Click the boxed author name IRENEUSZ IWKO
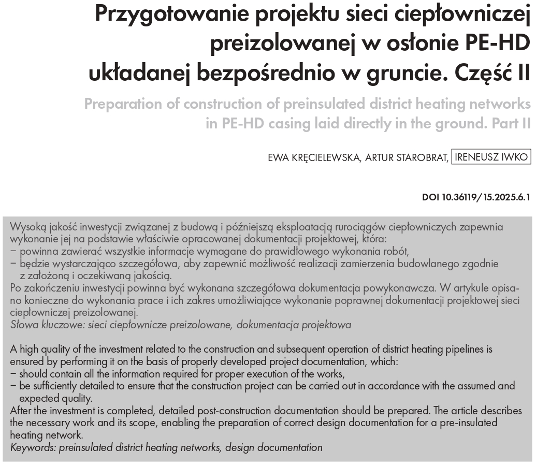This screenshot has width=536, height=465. pyautogui.click(x=491, y=157)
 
